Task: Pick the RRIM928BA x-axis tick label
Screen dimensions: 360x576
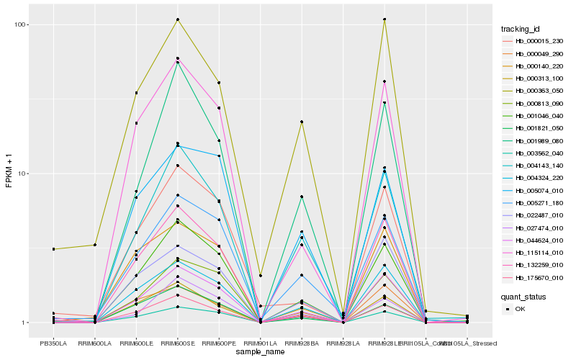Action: [302, 343]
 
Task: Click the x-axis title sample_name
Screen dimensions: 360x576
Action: [259, 353]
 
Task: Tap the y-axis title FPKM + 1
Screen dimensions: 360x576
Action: [9, 174]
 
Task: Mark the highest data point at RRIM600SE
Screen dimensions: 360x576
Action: [177, 19]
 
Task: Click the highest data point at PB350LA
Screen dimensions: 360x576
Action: [53, 249]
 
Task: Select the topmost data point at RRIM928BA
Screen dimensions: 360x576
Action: [302, 122]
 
